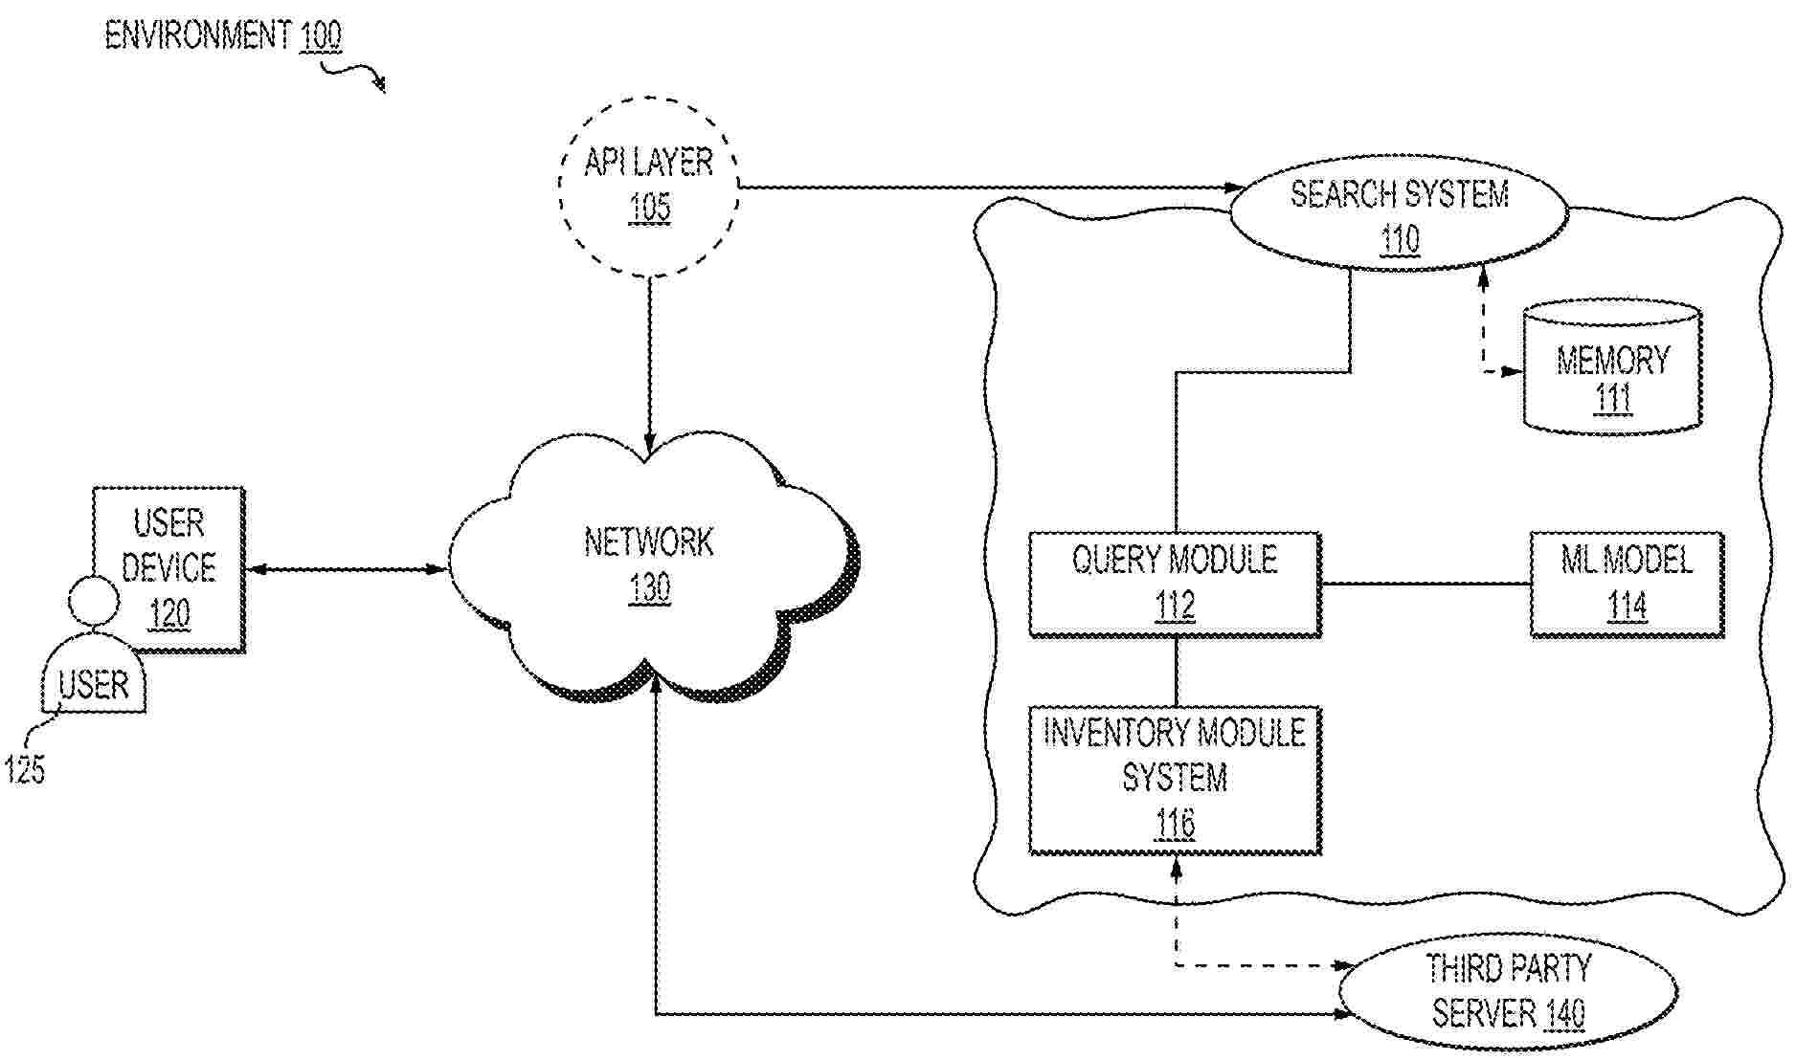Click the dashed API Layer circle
tap(648, 186)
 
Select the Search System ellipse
tap(1398, 212)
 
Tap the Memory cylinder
tap(1612, 368)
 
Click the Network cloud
tap(649, 564)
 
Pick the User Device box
tap(168, 568)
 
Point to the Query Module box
tap(1175, 583)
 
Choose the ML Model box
tap(1626, 583)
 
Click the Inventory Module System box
tap(1175, 779)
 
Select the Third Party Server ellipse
tap(1507, 991)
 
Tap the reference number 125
tap(24, 769)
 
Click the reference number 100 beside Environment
tap(320, 37)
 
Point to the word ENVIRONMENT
tap(197, 36)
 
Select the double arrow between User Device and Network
tap(347, 569)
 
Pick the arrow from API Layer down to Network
tap(649, 364)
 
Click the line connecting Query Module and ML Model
tap(1425, 583)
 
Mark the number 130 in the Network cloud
tap(649, 587)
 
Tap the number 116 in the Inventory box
tap(1175, 823)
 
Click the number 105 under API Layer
tap(649, 208)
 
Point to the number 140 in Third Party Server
tap(1564, 1013)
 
